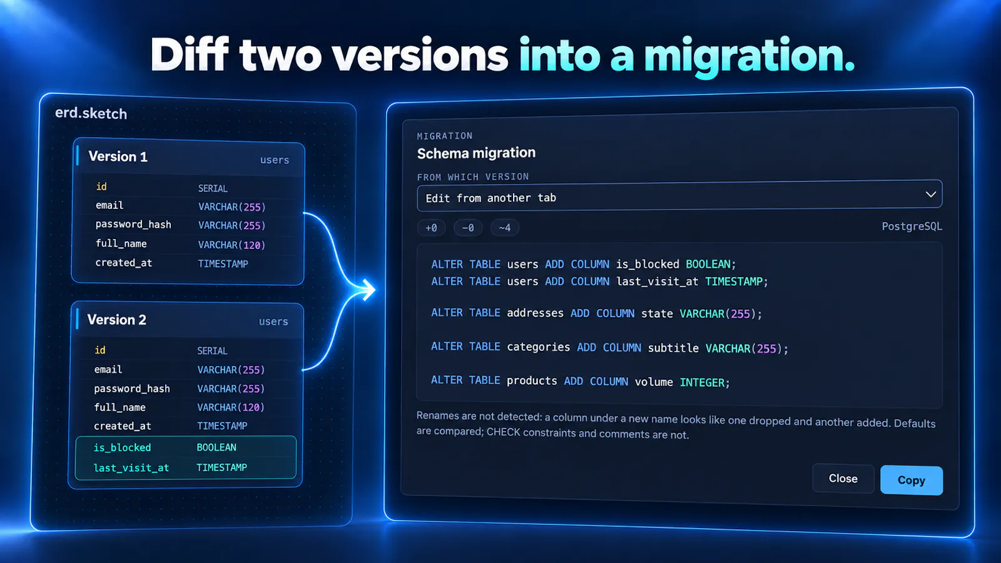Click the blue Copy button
pyautogui.click(x=911, y=480)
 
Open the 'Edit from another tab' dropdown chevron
pyautogui.click(x=930, y=195)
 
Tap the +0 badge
pyautogui.click(x=431, y=228)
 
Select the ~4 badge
pyautogui.click(x=504, y=228)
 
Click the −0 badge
pyautogui.click(x=468, y=228)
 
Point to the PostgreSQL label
pyautogui.click(x=912, y=226)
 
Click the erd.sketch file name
pyautogui.click(x=91, y=113)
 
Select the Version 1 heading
pyautogui.click(x=118, y=156)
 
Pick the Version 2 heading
pyautogui.click(x=116, y=320)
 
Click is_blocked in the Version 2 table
pyautogui.click(x=122, y=447)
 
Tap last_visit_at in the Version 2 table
pyautogui.click(x=131, y=468)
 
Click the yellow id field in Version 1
pyautogui.click(x=101, y=186)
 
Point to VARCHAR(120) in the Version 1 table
pyautogui.click(x=231, y=245)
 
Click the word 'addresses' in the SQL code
pyautogui.click(x=535, y=313)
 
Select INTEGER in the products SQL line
pyautogui.click(x=702, y=382)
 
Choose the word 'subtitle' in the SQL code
pyautogui.click(x=673, y=348)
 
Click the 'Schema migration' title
pyautogui.click(x=476, y=153)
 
